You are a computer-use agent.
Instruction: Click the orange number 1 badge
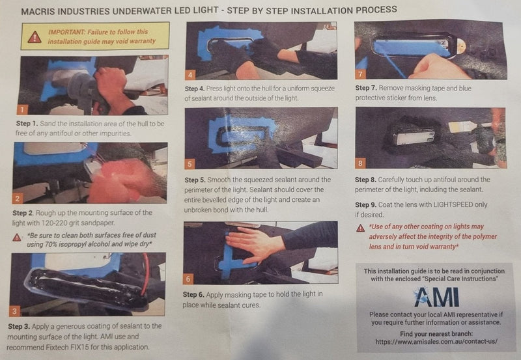point(22,109)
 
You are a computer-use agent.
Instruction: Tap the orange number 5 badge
point(190,164)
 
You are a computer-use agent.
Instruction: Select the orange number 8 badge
point(360,163)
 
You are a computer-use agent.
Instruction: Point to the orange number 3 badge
point(14,311)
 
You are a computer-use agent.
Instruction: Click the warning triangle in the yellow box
point(35,37)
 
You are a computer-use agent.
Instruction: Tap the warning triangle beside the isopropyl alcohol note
point(17,238)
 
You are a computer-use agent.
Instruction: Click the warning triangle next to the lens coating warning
point(361,228)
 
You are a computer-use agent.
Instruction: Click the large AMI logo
point(436,297)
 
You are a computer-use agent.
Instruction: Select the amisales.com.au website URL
point(436,341)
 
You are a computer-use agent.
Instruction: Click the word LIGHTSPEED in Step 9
point(453,204)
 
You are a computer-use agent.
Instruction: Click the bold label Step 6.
point(193,295)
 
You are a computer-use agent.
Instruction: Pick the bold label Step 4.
point(195,89)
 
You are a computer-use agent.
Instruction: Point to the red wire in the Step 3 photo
point(145,274)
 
